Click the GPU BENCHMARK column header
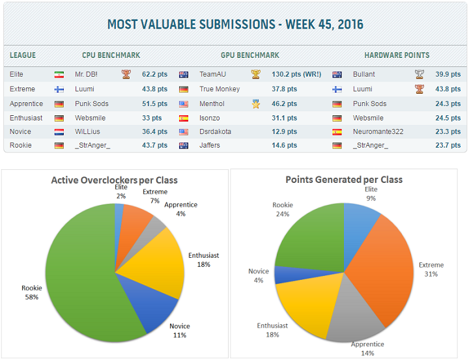[250, 55]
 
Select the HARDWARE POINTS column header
[397, 55]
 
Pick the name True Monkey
[220, 89]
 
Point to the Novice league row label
[20, 132]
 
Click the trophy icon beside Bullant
[419, 75]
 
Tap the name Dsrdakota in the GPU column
[216, 132]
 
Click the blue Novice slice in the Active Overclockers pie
[153, 306]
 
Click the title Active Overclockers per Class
[115, 180]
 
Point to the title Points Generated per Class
[344, 179]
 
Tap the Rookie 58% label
[32, 292]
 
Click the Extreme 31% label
[431, 270]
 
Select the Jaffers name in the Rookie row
[210, 145]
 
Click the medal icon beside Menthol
[256, 104]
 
